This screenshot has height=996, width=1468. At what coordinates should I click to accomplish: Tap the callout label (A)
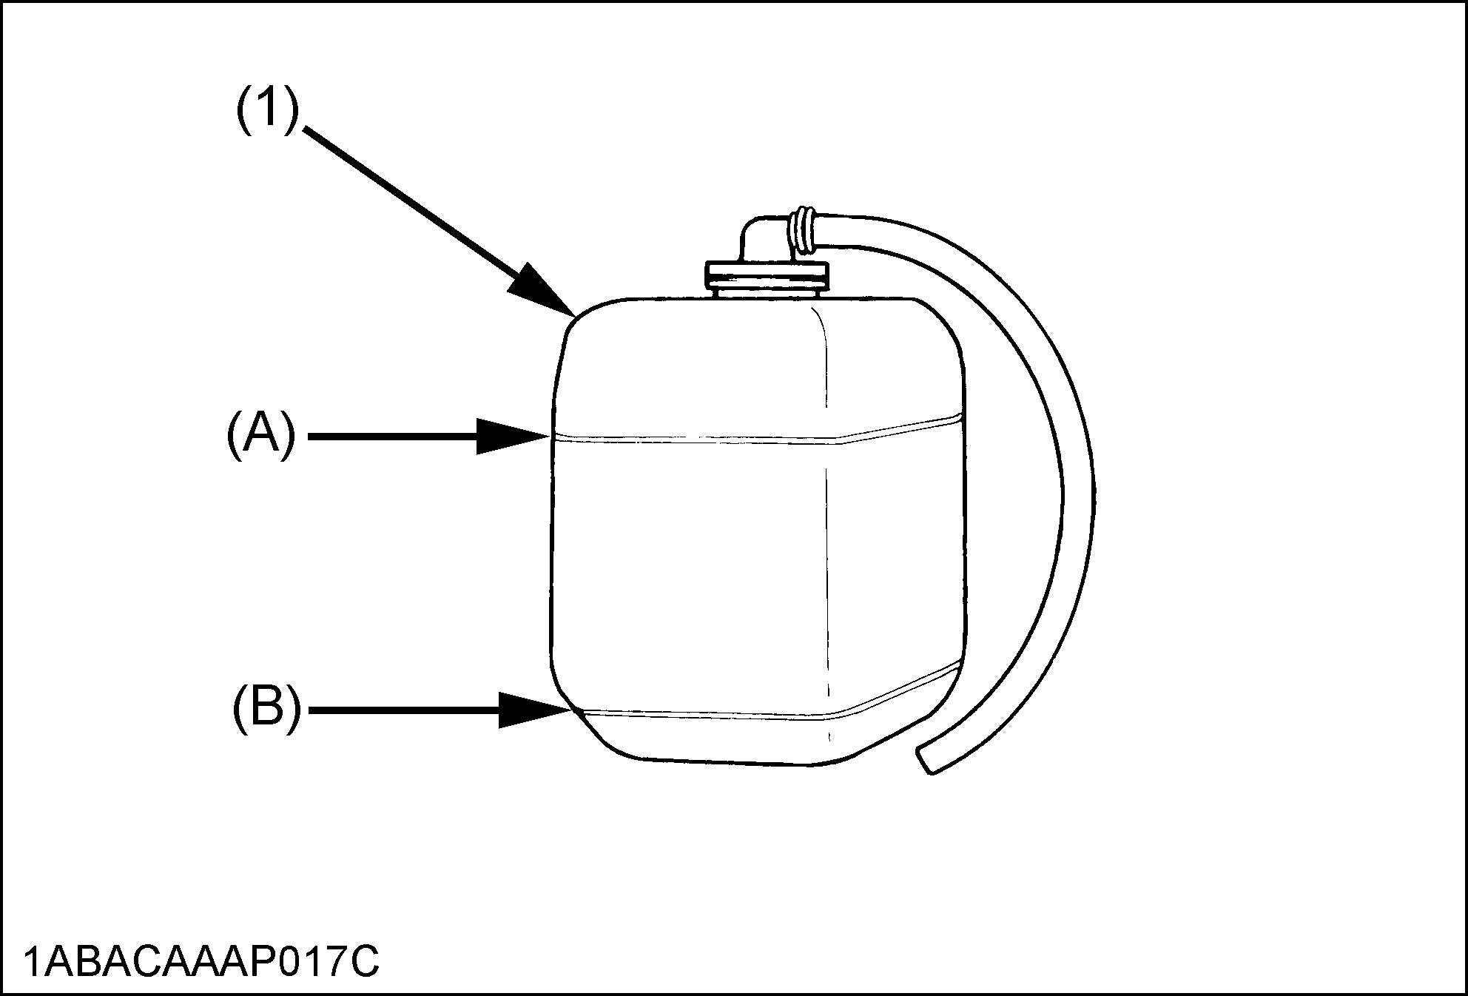pos(260,437)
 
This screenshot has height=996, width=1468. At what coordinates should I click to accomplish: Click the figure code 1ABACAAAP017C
pos(201,962)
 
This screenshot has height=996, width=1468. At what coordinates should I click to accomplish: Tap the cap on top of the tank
pos(767,275)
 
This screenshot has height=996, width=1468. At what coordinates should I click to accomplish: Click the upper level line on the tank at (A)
pos(696,440)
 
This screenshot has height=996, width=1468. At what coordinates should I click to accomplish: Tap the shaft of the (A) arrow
pos(392,437)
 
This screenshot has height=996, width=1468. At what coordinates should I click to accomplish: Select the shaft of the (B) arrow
pos(403,710)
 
